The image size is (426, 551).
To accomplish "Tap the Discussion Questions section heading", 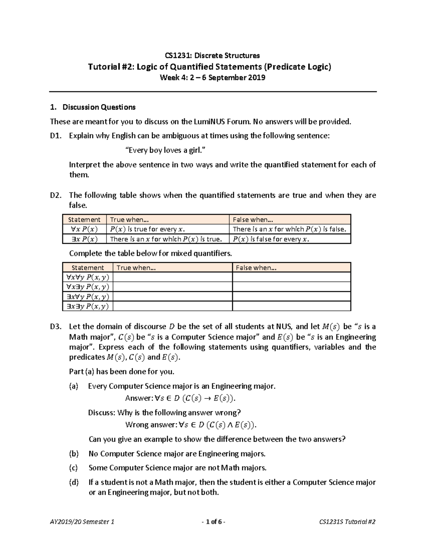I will [99, 107].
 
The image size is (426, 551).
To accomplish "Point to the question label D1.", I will [56, 136].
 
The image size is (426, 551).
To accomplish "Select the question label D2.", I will [56, 195].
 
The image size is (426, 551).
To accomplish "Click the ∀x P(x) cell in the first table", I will [84, 229].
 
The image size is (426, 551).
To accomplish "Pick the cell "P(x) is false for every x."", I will [271, 239].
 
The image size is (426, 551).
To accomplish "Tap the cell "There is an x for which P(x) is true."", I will [166, 239].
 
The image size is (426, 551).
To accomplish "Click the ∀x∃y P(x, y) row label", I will [87, 287].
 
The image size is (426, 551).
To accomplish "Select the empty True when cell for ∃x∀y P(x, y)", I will [173, 297].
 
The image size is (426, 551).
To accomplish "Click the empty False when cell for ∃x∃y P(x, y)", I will [291, 306].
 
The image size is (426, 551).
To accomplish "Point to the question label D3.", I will [56, 327].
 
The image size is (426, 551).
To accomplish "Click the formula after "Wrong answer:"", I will [218, 425].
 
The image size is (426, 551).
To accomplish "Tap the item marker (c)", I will [73, 468].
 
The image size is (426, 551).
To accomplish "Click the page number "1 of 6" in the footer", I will [213, 522].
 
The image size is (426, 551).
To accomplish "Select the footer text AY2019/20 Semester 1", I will [82, 522].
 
